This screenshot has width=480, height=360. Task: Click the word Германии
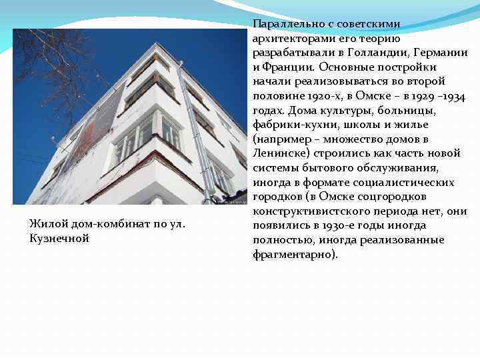[440, 53]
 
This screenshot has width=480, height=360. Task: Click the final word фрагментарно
[293, 255]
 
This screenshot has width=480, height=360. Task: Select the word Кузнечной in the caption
[59, 239]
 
